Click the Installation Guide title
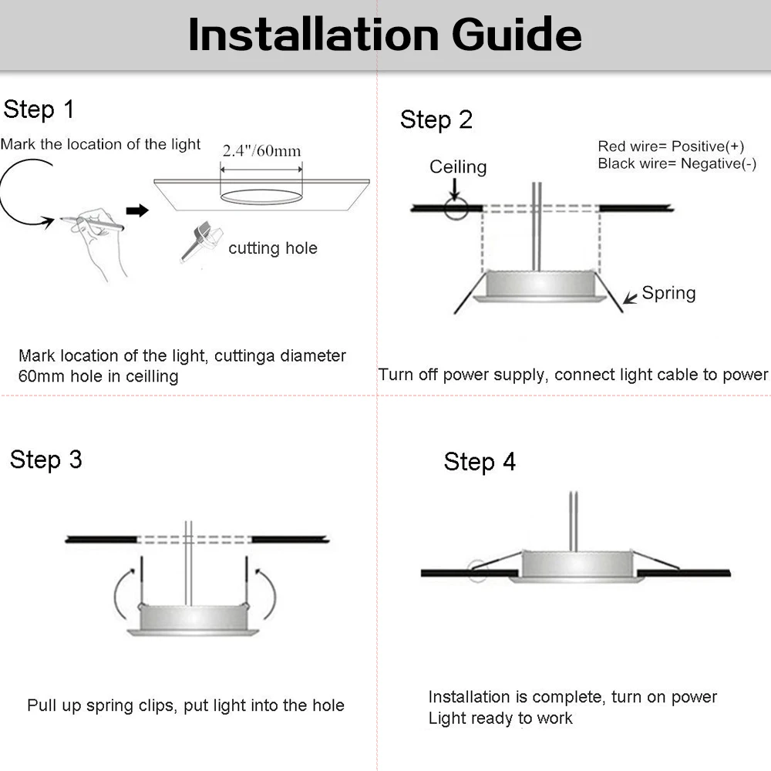(x=385, y=35)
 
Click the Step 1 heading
(x=39, y=109)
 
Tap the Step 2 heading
(x=436, y=120)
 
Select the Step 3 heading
(x=46, y=460)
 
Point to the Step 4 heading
(x=480, y=462)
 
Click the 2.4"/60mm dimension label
(x=261, y=150)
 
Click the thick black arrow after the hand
(x=136, y=210)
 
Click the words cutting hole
(x=273, y=248)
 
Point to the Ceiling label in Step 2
(x=458, y=167)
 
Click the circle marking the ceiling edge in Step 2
(x=455, y=207)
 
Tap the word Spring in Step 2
(x=668, y=293)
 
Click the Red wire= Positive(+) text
(x=671, y=146)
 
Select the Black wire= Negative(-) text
(x=677, y=163)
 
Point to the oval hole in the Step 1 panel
(x=261, y=196)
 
